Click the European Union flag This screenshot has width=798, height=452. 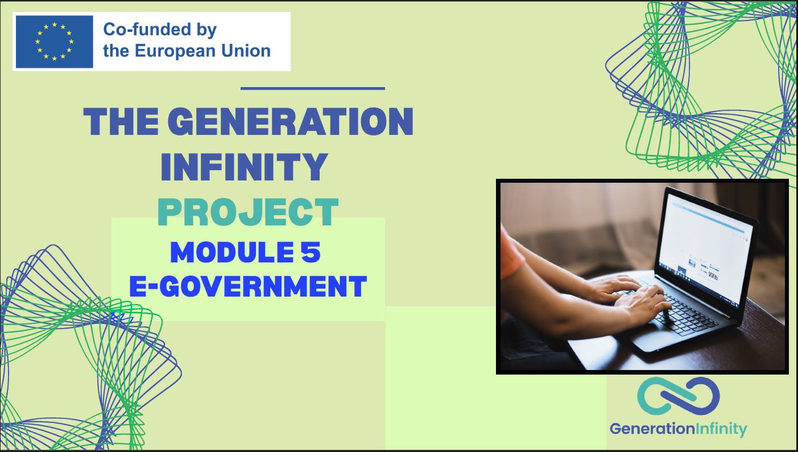click(x=55, y=42)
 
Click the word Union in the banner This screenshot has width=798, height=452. click(x=246, y=51)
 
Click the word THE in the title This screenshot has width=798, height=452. click(x=121, y=122)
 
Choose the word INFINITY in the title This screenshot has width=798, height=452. click(x=244, y=167)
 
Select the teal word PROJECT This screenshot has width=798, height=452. click(x=247, y=212)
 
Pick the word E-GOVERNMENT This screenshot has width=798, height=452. click(x=247, y=286)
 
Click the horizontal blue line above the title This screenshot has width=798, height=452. click(x=313, y=88)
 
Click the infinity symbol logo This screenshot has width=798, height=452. click(x=679, y=396)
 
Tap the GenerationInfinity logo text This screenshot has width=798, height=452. click(x=679, y=429)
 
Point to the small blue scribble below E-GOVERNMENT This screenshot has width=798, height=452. click(x=121, y=317)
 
